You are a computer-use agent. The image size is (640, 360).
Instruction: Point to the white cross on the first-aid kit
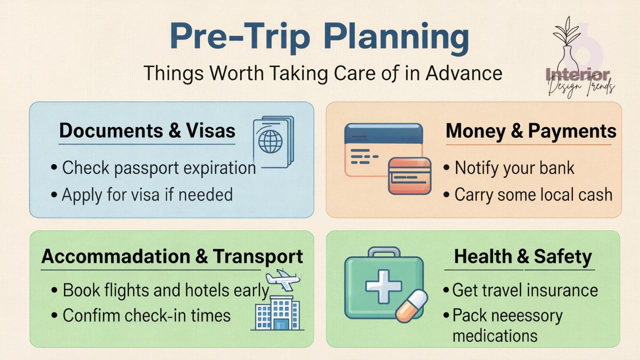pyautogui.click(x=383, y=286)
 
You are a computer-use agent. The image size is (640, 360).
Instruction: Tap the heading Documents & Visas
pyautogui.click(x=147, y=131)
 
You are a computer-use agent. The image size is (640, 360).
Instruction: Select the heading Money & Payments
pyautogui.click(x=531, y=131)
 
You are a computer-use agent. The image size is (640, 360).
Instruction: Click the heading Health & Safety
pyautogui.click(x=522, y=257)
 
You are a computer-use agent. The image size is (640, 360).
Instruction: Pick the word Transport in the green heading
pyautogui.click(x=258, y=256)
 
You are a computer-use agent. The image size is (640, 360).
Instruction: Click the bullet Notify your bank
pyautogui.click(x=514, y=168)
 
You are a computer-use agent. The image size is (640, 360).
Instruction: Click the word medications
pyautogui.click(x=495, y=335)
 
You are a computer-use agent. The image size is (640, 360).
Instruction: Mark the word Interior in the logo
pyautogui.click(x=578, y=75)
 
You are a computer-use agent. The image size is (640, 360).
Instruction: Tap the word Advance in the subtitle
pyautogui.click(x=463, y=73)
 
